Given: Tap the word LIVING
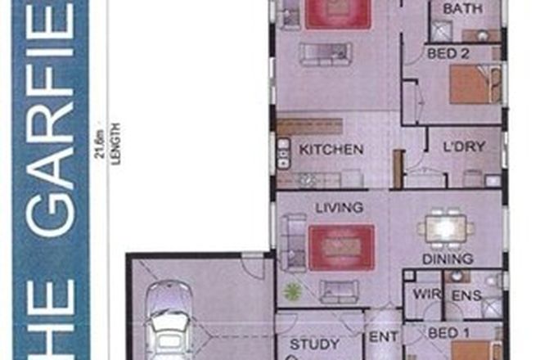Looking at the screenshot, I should coord(338,208).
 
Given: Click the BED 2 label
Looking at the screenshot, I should coord(448,52).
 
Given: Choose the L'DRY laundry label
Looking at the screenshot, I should coord(464,147).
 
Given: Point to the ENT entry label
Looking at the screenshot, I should coord(383,336).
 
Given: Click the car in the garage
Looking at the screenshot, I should coord(169,319).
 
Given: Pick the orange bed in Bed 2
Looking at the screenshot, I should coord(471,84).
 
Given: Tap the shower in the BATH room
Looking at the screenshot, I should coord(442,31).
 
